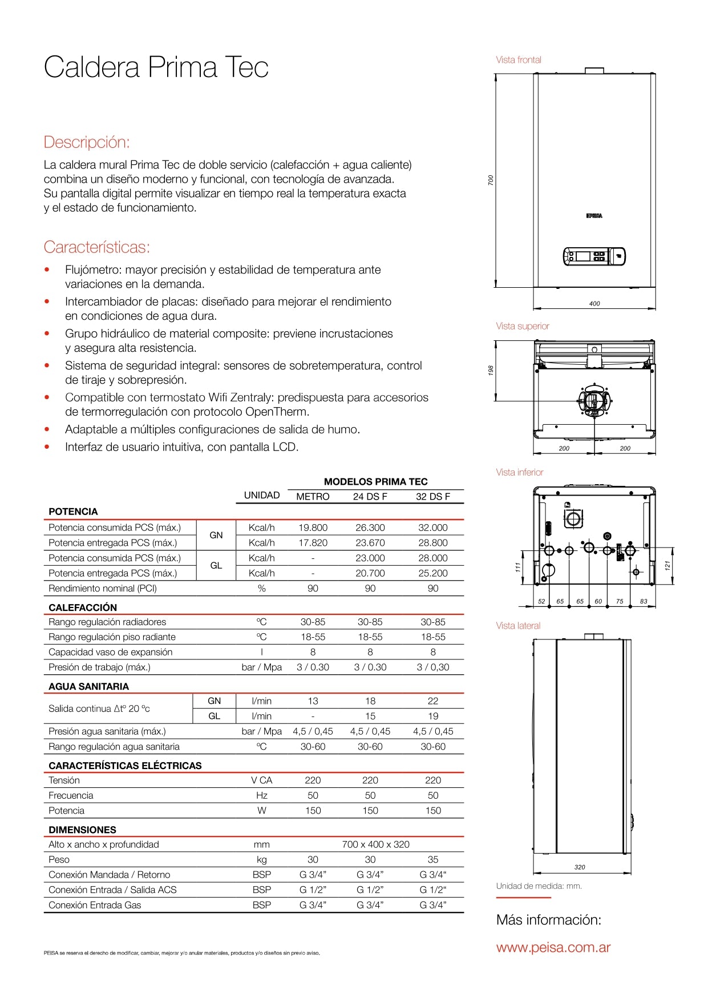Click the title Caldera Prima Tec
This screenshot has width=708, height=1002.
tap(156, 67)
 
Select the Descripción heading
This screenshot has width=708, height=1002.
tap(87, 142)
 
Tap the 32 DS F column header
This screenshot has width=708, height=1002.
tap(432, 497)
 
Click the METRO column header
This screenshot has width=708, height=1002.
tap(313, 497)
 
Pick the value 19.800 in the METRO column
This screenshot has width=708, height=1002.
tap(313, 528)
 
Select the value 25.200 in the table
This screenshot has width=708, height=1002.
tap(432, 573)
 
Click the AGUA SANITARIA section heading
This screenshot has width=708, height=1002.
tap(88, 686)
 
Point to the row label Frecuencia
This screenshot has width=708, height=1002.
tap(71, 795)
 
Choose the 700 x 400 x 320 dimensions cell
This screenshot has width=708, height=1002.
tap(375, 844)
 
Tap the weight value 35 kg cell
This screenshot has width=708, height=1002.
tap(432, 860)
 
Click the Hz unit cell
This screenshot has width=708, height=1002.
tap(261, 795)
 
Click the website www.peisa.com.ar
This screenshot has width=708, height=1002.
tap(553, 948)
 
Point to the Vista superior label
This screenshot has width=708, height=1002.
tap(522, 326)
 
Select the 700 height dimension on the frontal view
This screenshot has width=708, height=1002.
tap(491, 180)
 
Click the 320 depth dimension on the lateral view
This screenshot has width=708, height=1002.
tap(580, 867)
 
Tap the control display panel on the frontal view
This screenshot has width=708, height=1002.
tap(594, 256)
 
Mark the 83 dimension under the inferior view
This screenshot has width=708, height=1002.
tap(644, 601)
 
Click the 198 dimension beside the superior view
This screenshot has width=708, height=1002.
tap(491, 370)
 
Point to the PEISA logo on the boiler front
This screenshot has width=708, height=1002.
tap(594, 216)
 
